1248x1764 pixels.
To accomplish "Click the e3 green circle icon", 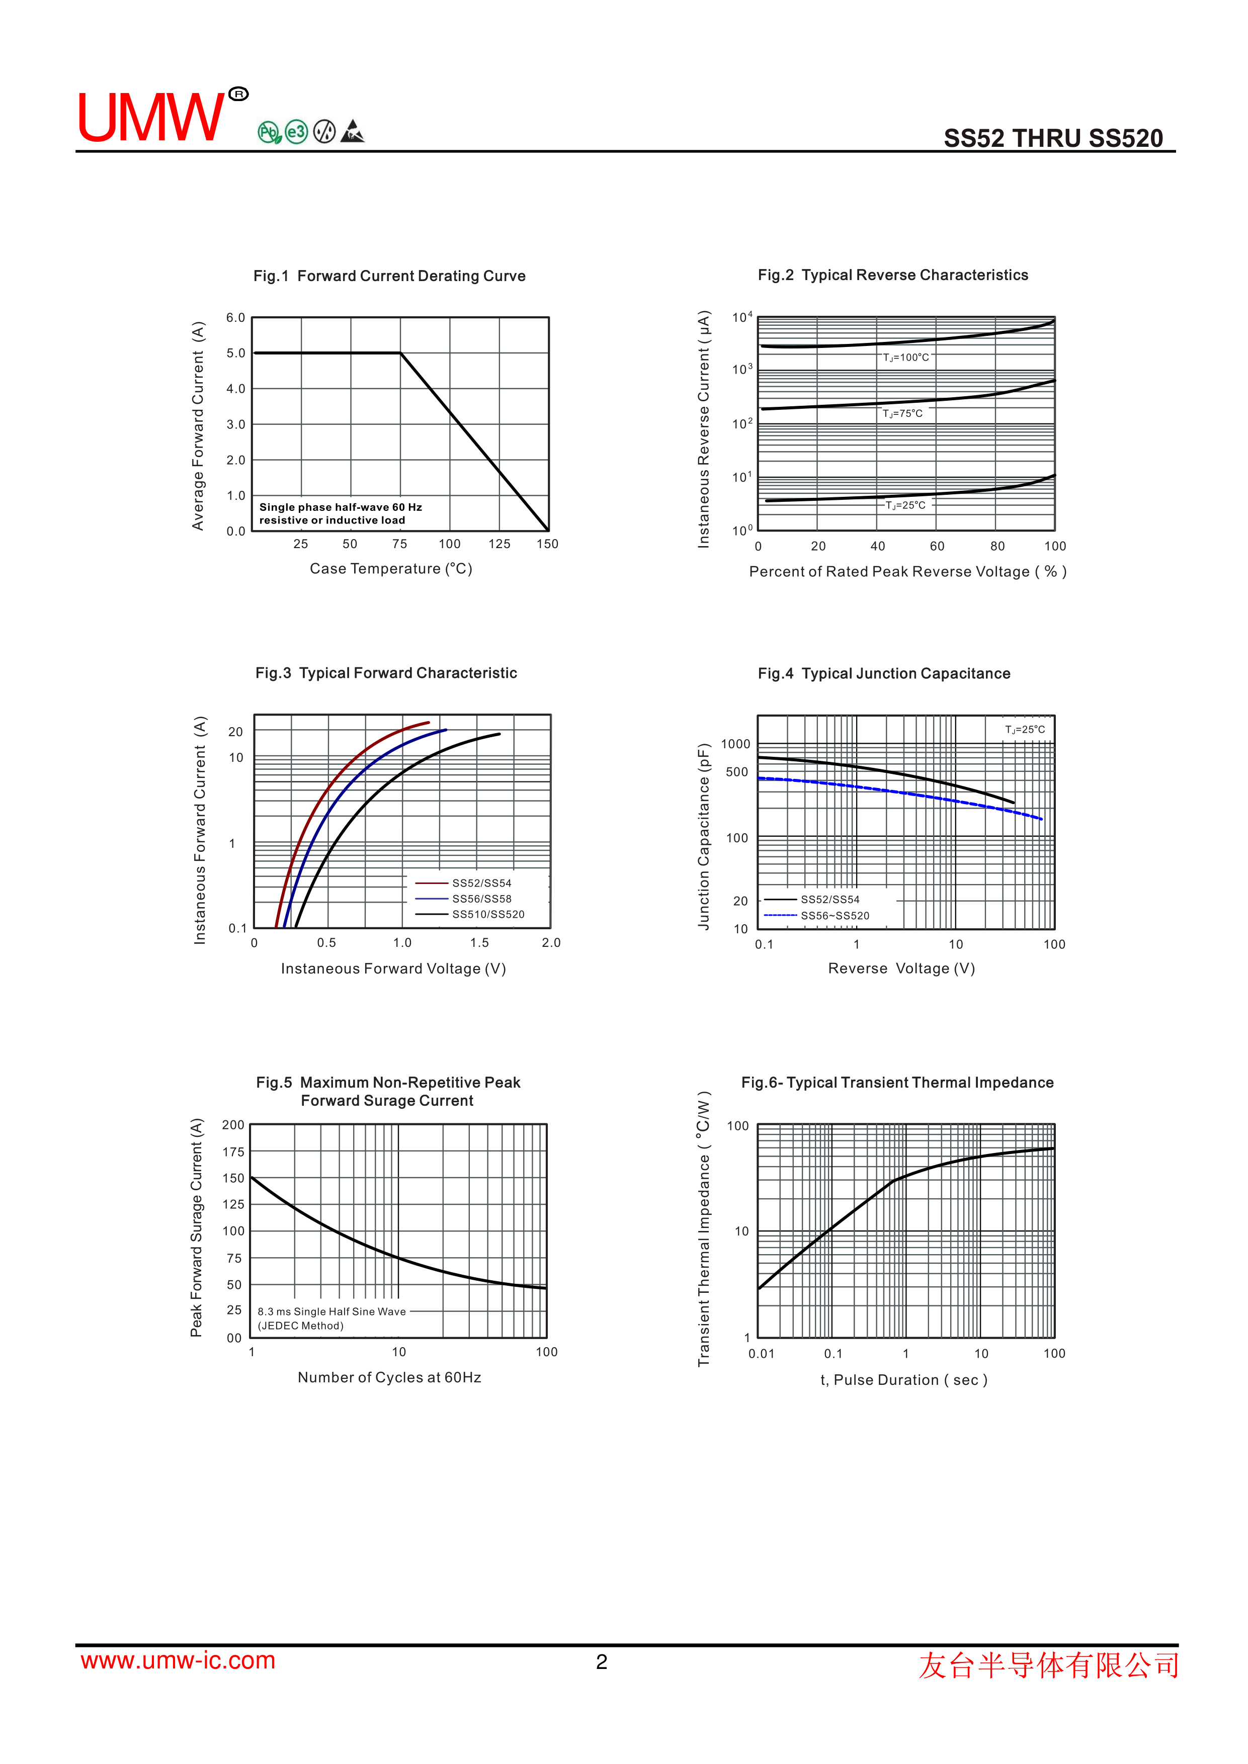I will (x=296, y=132).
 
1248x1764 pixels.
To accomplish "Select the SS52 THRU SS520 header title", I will (x=1053, y=138).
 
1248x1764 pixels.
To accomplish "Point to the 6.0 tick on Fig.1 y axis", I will (x=235, y=317).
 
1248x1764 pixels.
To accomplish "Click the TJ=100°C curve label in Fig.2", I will (x=905, y=357).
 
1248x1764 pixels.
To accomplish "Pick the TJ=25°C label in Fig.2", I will (x=905, y=505).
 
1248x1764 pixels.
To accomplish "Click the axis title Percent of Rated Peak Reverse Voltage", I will (x=907, y=572).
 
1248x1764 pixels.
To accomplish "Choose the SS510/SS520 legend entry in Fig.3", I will (x=488, y=914).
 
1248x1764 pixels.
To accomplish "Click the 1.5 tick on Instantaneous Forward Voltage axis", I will (x=479, y=943).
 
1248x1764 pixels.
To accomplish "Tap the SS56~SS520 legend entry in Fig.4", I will (x=835, y=916).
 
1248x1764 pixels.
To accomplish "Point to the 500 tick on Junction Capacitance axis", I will (x=736, y=772).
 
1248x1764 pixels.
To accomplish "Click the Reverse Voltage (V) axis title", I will (x=900, y=969).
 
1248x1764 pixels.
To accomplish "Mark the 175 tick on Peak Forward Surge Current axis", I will (x=233, y=1152).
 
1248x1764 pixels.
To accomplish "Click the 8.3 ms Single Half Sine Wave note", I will (x=331, y=1311).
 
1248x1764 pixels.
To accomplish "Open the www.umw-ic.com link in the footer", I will (x=178, y=1660).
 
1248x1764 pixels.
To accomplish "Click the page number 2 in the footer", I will (x=602, y=1662).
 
